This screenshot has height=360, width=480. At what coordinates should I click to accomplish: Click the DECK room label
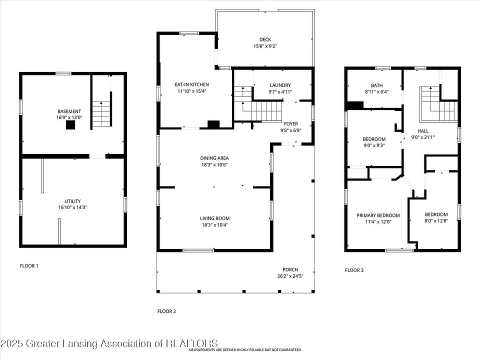click(265, 39)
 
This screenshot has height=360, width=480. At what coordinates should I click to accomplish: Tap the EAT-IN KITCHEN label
click(191, 84)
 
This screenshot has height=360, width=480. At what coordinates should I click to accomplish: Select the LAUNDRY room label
click(280, 85)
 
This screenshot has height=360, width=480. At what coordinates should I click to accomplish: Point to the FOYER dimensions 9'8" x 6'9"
click(291, 130)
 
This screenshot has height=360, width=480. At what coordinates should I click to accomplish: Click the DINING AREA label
click(214, 158)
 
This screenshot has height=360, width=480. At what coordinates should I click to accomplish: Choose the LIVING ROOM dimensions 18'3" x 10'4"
click(214, 225)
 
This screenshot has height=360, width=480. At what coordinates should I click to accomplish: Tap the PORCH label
click(290, 269)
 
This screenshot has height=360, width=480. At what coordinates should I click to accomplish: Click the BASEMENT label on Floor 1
click(69, 111)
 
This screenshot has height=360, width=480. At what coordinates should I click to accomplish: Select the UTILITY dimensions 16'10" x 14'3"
click(72, 207)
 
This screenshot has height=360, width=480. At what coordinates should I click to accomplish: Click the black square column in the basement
click(70, 125)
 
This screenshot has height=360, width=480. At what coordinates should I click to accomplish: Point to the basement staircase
click(101, 114)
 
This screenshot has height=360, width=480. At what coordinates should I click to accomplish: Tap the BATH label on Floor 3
click(377, 85)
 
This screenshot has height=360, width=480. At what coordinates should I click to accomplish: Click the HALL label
click(423, 131)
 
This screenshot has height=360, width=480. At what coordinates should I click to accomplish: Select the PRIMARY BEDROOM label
click(378, 215)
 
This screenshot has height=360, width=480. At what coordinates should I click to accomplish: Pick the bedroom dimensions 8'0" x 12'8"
click(436, 220)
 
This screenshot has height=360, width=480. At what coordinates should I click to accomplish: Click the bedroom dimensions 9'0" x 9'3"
click(374, 145)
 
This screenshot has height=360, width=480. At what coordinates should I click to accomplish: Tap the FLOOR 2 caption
click(166, 311)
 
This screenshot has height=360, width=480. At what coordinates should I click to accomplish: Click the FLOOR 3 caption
click(354, 270)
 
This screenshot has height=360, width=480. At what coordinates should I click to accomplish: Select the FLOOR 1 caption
click(29, 265)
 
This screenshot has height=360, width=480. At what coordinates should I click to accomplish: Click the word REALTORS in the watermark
click(192, 343)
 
